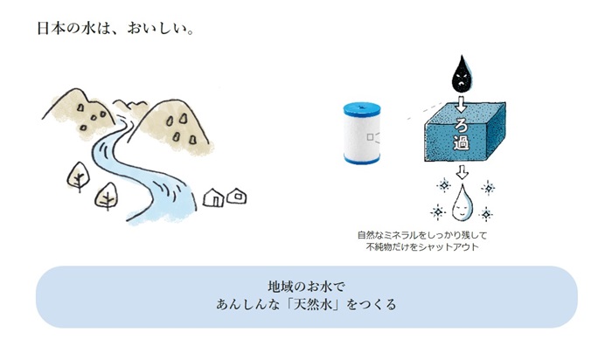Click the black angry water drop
(461, 75)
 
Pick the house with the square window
(235, 197)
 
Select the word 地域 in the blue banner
(280, 287)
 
